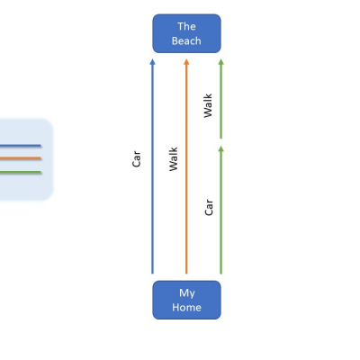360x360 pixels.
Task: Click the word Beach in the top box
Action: pos(186,40)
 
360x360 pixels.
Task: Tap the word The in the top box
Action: pos(186,26)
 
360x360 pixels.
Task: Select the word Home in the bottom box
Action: pos(186,307)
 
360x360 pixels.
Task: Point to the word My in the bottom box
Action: pos(187,293)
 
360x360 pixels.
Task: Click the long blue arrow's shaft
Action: pos(152,166)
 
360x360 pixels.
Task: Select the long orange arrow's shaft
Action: pos(186,166)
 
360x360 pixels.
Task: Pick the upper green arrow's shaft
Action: pos(221,99)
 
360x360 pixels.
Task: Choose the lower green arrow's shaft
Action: pos(221,210)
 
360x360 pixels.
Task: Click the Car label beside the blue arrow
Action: pos(136,159)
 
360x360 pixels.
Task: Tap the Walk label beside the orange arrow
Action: pos(174,159)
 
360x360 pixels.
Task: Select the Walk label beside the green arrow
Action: pos(208,105)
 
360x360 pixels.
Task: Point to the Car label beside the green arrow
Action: pos(209,207)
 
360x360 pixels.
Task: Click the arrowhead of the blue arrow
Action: pos(152,62)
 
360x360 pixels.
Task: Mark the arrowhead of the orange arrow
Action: pos(186,62)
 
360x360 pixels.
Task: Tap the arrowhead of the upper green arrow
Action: pos(221,62)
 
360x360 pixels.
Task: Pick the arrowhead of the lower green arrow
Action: pos(221,148)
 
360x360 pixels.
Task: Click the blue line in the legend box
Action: pos(21,146)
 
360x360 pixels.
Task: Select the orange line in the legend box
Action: pos(21,158)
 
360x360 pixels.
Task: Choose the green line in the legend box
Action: pos(21,172)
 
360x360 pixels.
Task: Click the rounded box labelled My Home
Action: pos(186,300)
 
